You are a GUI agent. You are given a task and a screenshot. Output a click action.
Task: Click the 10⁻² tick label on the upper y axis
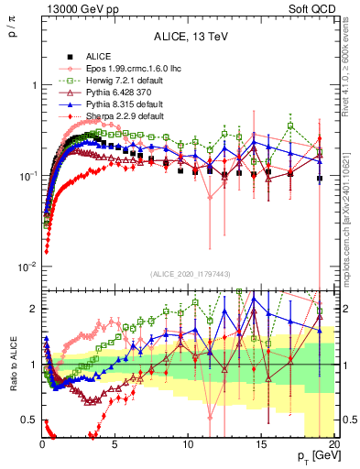(24, 267)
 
